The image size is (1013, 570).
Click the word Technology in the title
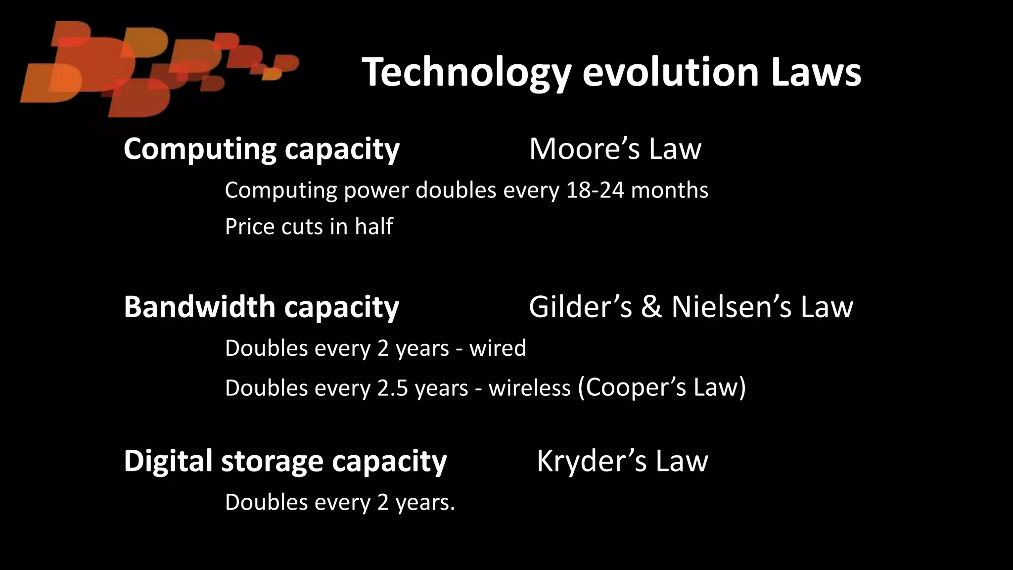[x=467, y=73]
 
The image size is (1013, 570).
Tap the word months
[x=670, y=190]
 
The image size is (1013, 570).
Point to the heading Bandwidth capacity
[x=261, y=307]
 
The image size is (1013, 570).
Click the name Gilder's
[x=580, y=307]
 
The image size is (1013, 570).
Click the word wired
[x=498, y=348]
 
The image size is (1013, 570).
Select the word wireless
[x=529, y=387]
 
